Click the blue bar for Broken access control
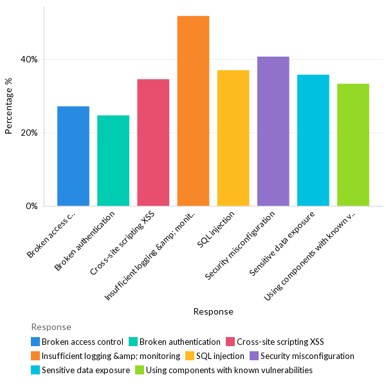pyautogui.click(x=73, y=156)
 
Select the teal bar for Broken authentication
pyautogui.click(x=113, y=161)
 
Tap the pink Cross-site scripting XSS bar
pyautogui.click(x=153, y=143)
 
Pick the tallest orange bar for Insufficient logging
pyautogui.click(x=193, y=111)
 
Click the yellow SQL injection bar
pyautogui.click(x=233, y=138)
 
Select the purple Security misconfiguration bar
pyautogui.click(x=273, y=131)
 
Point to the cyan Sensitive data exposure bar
pyautogui.click(x=313, y=140)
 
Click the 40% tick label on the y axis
pyautogui.click(x=30, y=60)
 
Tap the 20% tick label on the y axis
pyautogui.click(x=30, y=133)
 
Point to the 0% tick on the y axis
pyautogui.click(x=32, y=207)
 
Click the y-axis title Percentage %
pyautogui.click(x=8, y=106)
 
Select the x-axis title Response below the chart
pyautogui.click(x=213, y=311)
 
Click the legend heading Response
pyautogui.click(x=51, y=327)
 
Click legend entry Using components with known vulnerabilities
pyautogui.click(x=229, y=371)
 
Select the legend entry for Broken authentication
pyautogui.click(x=179, y=342)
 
